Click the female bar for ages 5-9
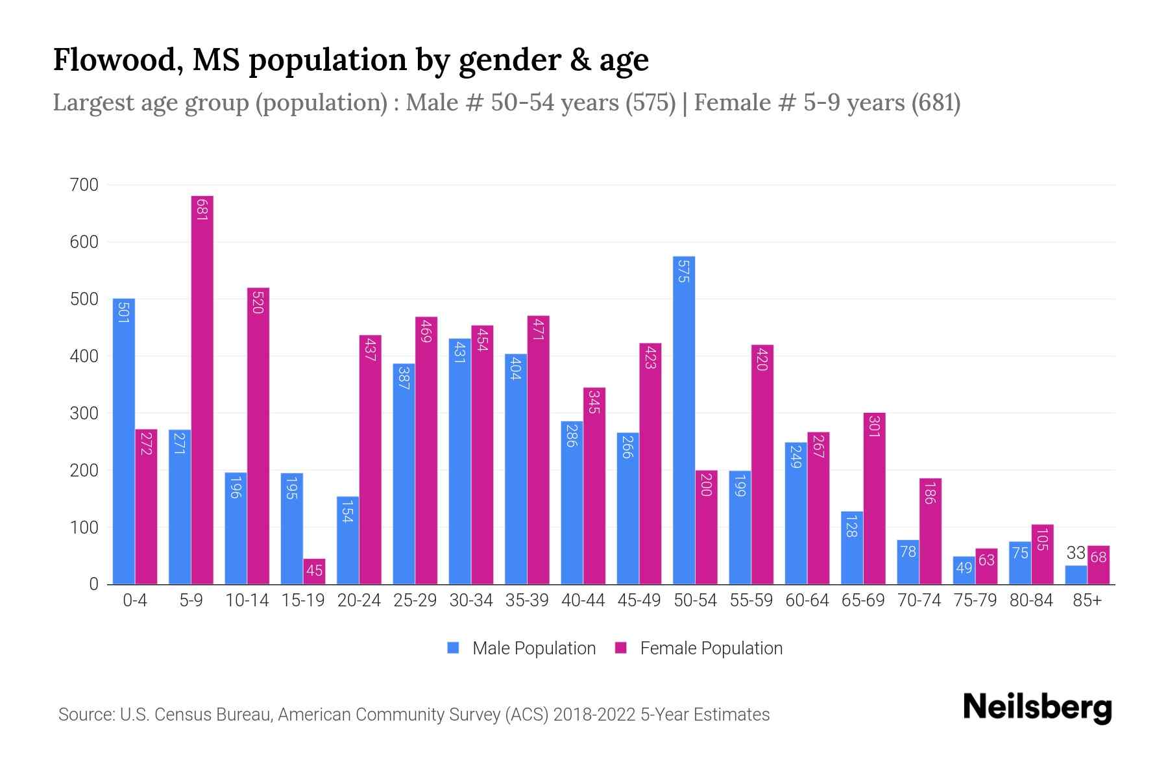pyautogui.click(x=202, y=389)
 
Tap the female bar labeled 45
pyautogui.click(x=314, y=571)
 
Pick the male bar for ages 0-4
pyautogui.click(x=124, y=441)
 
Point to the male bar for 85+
pyautogui.click(x=1076, y=575)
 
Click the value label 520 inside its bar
pyautogui.click(x=258, y=303)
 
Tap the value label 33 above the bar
pyautogui.click(x=1076, y=553)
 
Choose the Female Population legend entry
pyautogui.click(x=699, y=649)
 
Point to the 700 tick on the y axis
pyautogui.click(x=84, y=185)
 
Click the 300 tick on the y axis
pyautogui.click(x=84, y=414)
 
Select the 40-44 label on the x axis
pyautogui.click(x=583, y=600)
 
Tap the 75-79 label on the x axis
pyautogui.click(x=975, y=600)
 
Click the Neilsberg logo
pyautogui.click(x=1037, y=708)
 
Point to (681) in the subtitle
pyautogui.click(x=935, y=103)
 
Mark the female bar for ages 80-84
pyautogui.click(x=1042, y=554)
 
